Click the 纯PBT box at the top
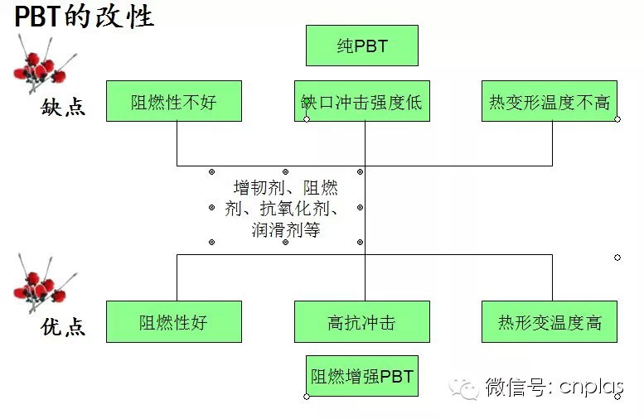pyautogui.click(x=362, y=46)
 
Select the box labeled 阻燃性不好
pyautogui.click(x=174, y=102)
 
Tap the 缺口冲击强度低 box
pyautogui.click(x=362, y=102)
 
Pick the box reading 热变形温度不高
pyautogui.click(x=550, y=102)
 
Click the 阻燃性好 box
pyautogui.click(x=174, y=322)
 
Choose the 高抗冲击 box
pyautogui.click(x=362, y=322)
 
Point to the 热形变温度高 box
pyautogui.click(x=550, y=322)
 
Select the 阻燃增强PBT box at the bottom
pyautogui.click(x=362, y=377)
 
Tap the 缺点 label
pyautogui.click(x=63, y=108)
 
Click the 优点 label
pyautogui.click(x=63, y=328)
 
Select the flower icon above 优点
pyautogui.click(x=41, y=282)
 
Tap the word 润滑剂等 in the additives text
pyautogui.click(x=285, y=230)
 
